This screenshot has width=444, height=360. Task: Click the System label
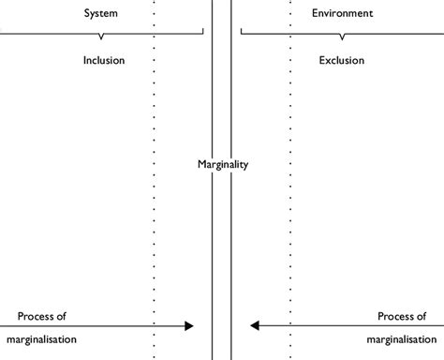100,14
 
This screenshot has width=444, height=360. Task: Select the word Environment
342,14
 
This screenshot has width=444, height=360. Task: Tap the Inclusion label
103,60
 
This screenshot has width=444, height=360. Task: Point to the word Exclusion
342,60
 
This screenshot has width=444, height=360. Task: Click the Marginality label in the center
223,165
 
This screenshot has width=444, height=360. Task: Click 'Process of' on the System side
42,316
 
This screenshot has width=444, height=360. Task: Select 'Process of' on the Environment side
402,316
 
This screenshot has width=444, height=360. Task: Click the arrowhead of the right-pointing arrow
189,326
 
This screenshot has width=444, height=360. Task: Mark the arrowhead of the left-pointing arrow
254,326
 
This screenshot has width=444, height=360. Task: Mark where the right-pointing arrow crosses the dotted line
154,326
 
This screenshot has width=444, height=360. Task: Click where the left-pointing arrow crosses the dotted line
290,326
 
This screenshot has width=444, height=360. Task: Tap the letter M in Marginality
201,165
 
